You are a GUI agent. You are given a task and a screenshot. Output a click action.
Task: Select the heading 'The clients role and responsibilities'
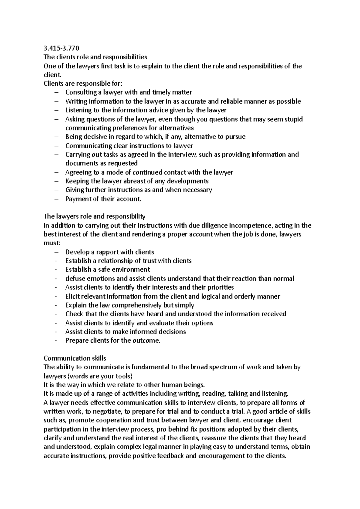95,57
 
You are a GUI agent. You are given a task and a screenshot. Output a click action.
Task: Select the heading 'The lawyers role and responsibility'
94,216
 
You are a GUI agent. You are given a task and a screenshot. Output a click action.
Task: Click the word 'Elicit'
73,296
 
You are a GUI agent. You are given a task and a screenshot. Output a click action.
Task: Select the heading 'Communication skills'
75,358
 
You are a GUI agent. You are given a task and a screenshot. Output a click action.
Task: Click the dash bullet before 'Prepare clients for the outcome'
56,341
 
